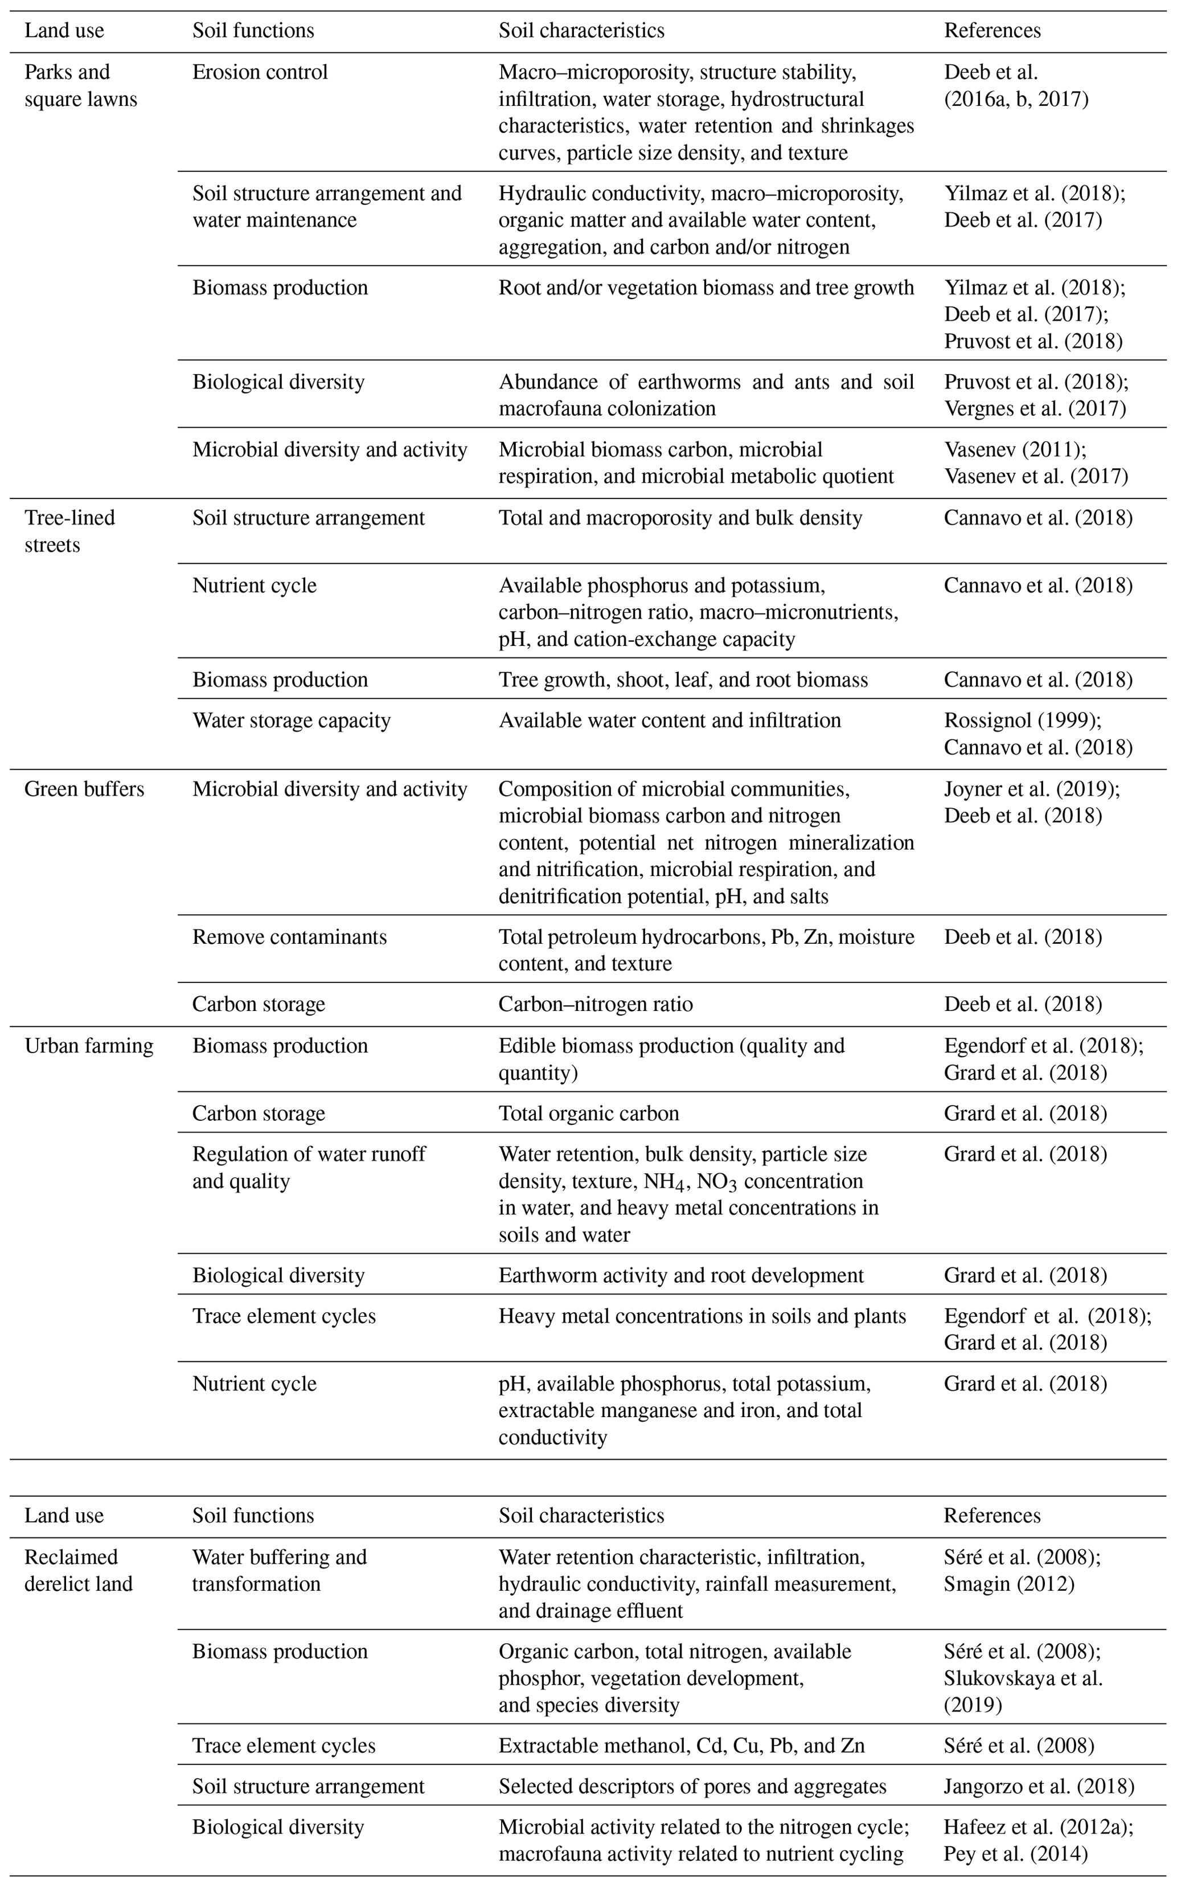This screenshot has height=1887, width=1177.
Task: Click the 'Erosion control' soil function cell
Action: (x=260, y=72)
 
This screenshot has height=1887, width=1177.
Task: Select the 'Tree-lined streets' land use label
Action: (x=69, y=531)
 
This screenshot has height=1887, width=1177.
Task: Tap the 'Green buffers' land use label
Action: (x=84, y=789)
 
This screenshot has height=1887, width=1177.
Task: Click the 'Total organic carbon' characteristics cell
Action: (x=589, y=1112)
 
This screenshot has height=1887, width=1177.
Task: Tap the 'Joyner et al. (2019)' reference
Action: (x=1031, y=789)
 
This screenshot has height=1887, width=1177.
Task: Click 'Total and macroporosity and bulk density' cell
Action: (x=680, y=518)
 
